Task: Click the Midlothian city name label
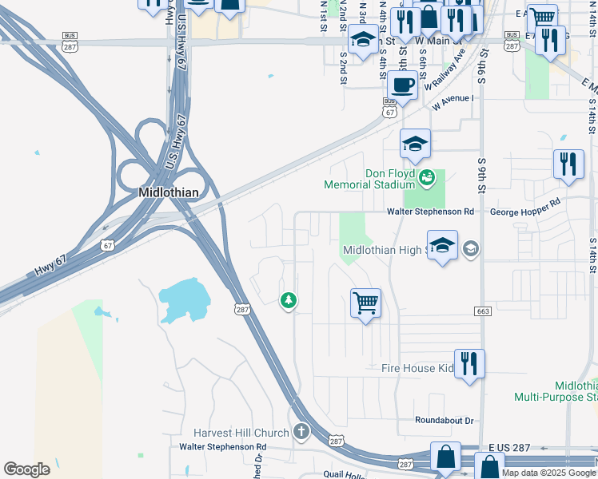tap(168, 192)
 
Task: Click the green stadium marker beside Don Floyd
tap(427, 177)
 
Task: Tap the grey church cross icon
tap(301, 432)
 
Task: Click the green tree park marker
tap(288, 300)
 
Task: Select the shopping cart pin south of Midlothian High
tap(365, 303)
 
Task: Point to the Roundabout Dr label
tap(445, 421)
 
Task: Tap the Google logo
tap(27, 469)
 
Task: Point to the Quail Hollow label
tap(364, 474)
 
